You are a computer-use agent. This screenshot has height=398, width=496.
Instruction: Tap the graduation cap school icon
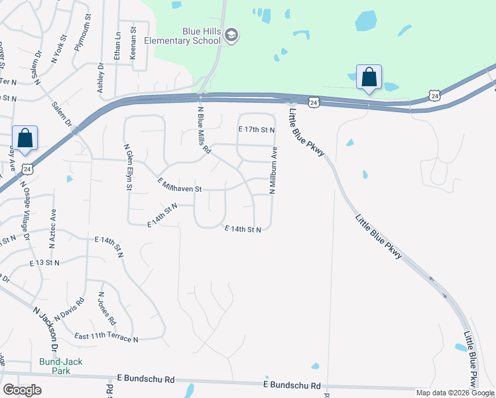point(231,35)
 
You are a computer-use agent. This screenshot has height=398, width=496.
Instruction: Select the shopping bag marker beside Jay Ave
point(25,138)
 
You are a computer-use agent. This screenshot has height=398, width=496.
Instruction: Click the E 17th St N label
point(256,129)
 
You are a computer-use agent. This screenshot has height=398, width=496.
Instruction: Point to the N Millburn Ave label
point(272,170)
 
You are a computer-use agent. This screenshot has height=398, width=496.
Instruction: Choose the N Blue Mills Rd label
point(203,129)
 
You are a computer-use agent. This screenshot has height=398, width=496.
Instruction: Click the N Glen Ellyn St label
point(127,168)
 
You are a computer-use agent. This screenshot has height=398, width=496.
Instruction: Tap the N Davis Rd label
point(70,309)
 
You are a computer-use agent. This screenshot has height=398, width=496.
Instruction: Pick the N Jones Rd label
point(107,308)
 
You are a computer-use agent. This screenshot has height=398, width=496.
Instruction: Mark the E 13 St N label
point(44,263)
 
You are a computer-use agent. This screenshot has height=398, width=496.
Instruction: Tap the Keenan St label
point(133,39)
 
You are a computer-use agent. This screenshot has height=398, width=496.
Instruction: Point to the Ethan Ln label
point(117,47)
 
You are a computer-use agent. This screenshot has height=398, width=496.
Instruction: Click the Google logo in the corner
point(22,389)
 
